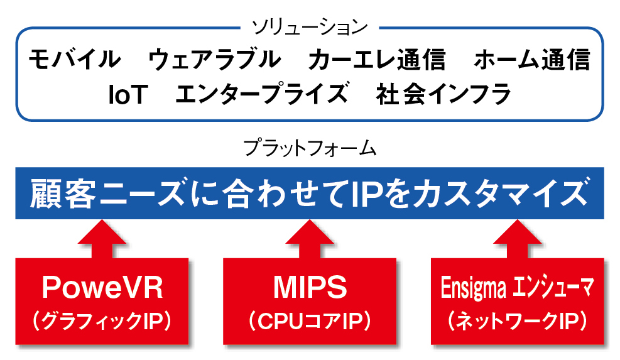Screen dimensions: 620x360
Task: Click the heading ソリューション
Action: point(310,27)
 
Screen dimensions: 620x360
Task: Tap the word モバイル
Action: point(75,59)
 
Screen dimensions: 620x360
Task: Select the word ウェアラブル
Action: point(214,59)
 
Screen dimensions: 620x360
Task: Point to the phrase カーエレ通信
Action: point(377,59)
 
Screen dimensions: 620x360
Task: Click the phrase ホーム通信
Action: point(532,59)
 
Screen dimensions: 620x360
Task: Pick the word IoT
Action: point(128,94)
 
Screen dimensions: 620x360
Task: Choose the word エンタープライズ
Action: point(261,94)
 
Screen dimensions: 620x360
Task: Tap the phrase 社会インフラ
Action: point(443,94)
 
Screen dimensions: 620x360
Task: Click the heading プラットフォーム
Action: point(310,148)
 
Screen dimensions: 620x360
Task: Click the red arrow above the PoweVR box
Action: point(102,239)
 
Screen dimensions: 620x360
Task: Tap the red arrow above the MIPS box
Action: point(310,239)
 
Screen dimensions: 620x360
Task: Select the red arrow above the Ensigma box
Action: point(518,239)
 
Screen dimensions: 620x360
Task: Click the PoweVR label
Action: point(102,288)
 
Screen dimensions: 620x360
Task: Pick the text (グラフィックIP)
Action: point(102,321)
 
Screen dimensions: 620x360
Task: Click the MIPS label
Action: point(310,288)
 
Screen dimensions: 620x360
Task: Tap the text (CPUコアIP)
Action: point(310,321)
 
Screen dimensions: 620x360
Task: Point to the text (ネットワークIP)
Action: point(518,321)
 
